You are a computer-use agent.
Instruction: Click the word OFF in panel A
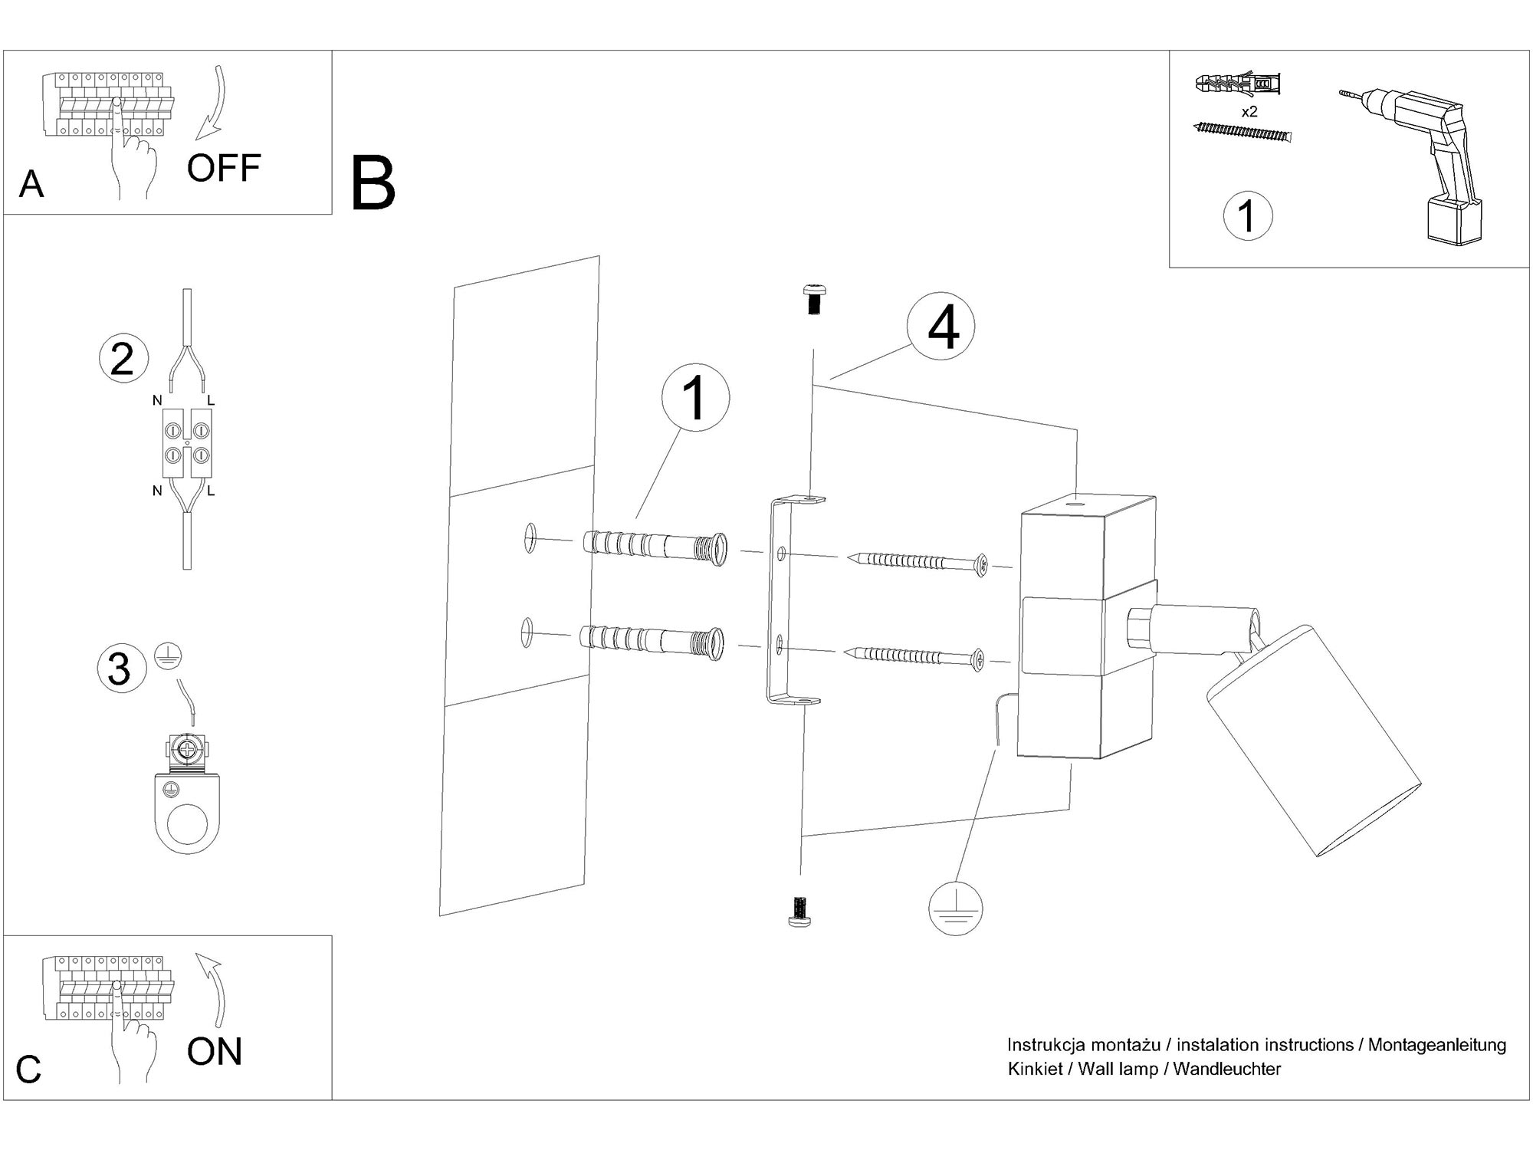[x=223, y=168]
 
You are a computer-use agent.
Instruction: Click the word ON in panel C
[x=214, y=1051]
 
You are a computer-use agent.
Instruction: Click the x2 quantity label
[x=1249, y=112]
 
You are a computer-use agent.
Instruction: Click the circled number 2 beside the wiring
[x=122, y=359]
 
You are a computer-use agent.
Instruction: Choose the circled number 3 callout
[x=119, y=668]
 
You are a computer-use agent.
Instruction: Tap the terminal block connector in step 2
[x=185, y=445]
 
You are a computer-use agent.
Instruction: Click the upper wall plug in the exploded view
[x=655, y=547]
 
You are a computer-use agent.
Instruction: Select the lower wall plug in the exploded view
[x=652, y=641]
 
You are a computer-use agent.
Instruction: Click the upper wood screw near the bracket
[x=917, y=561]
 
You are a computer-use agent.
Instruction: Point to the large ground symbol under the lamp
[x=955, y=908]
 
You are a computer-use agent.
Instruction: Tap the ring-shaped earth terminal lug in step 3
[x=187, y=813]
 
